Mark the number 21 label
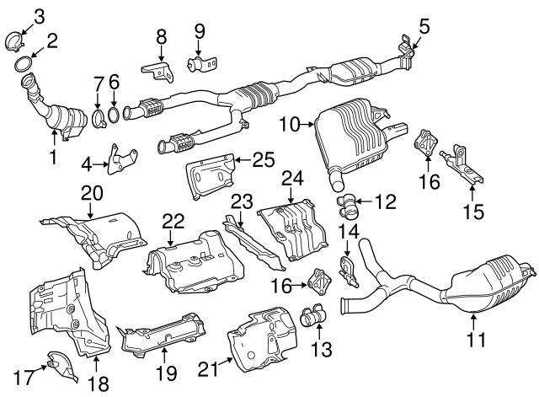coord(206,368)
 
